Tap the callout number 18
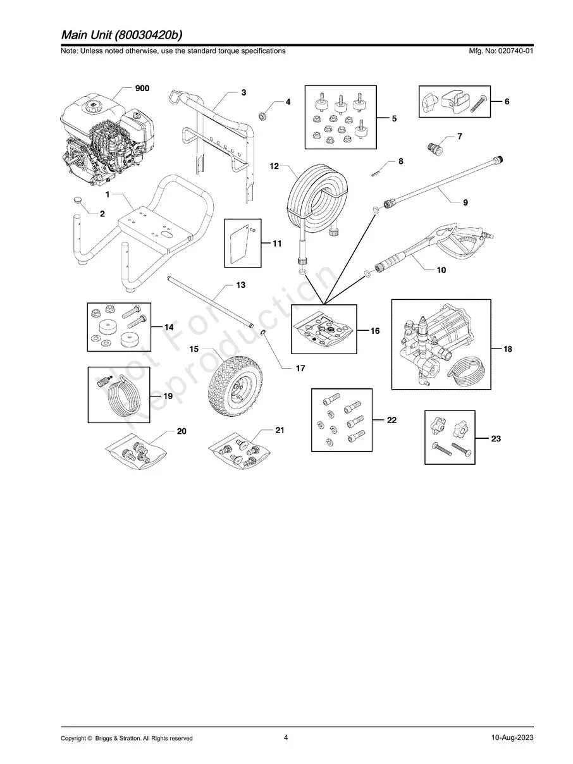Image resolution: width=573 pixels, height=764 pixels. [508, 348]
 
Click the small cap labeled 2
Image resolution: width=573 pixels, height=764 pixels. [78, 200]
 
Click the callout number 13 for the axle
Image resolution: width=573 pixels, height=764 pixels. [240, 285]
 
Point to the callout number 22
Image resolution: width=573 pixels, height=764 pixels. [391, 419]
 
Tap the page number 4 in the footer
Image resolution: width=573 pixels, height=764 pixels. [286, 737]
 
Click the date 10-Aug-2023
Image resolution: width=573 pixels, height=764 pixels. [512, 738]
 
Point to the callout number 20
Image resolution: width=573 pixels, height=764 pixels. [182, 431]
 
